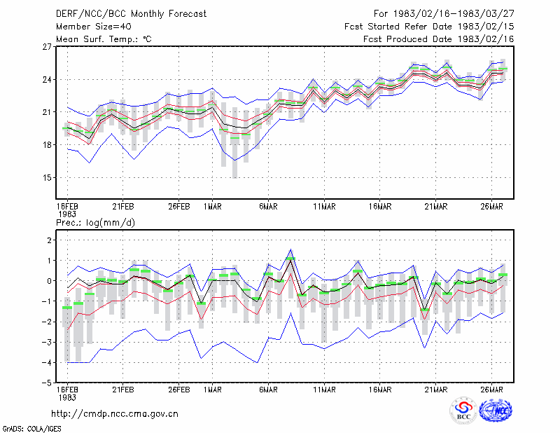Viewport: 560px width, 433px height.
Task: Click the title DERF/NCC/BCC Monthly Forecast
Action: click(131, 14)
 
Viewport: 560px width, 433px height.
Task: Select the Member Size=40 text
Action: click(94, 27)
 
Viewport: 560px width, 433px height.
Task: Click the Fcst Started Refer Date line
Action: click(429, 27)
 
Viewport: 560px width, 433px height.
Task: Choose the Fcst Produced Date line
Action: click(439, 39)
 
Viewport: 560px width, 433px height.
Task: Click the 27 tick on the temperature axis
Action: click(47, 47)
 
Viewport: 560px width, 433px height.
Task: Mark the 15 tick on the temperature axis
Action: click(47, 178)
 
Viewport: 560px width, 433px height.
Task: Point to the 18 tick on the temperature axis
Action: click(47, 145)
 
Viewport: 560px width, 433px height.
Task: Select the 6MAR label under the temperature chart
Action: click(269, 207)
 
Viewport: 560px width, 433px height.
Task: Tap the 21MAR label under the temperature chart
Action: click(436, 207)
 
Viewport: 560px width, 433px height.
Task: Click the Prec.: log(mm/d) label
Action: click(95, 223)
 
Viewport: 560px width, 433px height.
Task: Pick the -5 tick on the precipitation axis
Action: click(46, 383)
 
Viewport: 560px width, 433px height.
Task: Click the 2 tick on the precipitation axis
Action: click(49, 240)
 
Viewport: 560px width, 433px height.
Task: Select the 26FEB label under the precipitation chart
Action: click(179, 390)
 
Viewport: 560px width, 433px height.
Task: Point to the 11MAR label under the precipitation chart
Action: click(324, 390)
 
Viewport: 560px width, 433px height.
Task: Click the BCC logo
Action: click(463, 410)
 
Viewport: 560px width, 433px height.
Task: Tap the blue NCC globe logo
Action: click(496, 411)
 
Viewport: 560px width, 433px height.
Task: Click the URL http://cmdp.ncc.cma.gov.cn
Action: click(115, 414)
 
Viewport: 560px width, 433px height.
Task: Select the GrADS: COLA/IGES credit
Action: click(31, 429)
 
